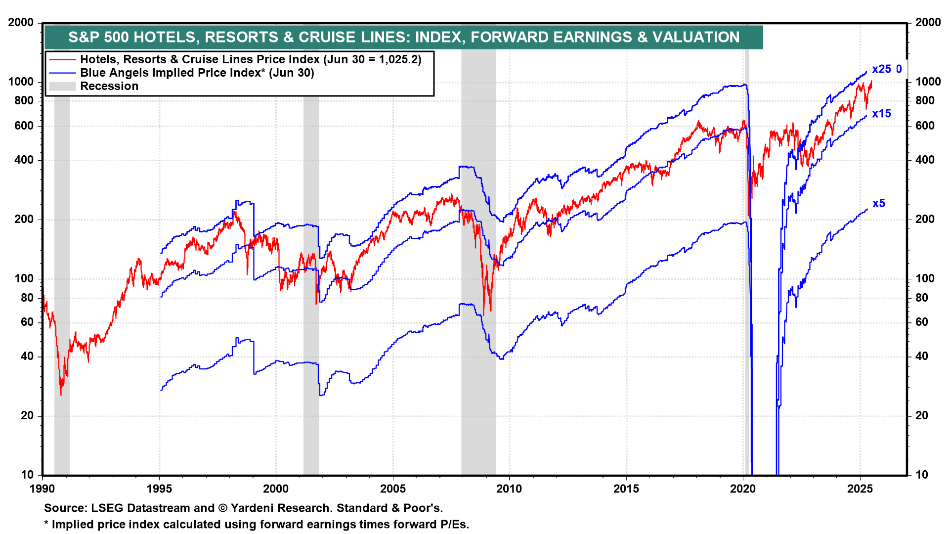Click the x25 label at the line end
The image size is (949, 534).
click(x=881, y=69)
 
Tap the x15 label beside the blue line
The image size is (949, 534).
click(x=881, y=114)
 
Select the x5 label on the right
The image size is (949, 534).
click(x=878, y=203)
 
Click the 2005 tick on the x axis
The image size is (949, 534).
click(x=393, y=489)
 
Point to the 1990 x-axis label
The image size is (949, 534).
click(x=43, y=489)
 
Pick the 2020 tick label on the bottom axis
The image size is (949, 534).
click(x=743, y=489)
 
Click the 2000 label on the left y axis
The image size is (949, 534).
click(x=21, y=23)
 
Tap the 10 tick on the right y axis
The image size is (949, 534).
click(x=922, y=475)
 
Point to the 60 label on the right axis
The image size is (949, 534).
click(x=922, y=322)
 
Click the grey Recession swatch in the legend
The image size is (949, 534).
click(x=62, y=87)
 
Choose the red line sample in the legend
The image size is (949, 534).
click(x=62, y=60)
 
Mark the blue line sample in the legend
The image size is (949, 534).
click(x=62, y=73)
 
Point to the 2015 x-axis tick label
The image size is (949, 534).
click(x=626, y=489)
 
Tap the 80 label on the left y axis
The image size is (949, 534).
click(x=27, y=298)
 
